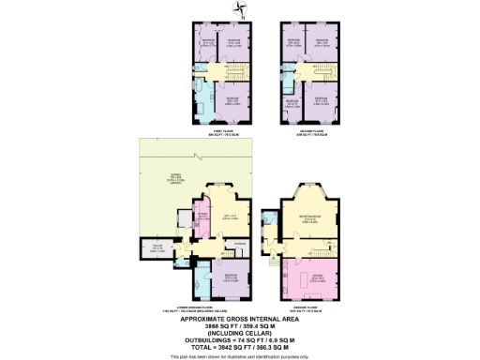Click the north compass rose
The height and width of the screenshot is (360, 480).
tap(239, 10)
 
